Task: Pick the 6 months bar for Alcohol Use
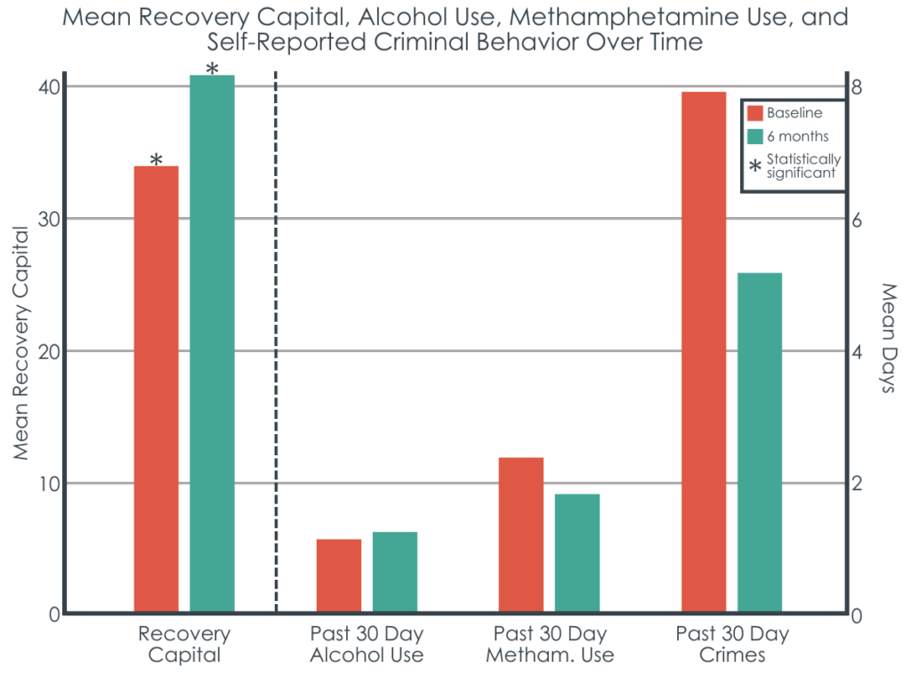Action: click(x=395, y=573)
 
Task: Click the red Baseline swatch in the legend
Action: click(x=755, y=113)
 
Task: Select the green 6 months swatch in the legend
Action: click(x=755, y=136)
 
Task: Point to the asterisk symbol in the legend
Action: click(x=755, y=166)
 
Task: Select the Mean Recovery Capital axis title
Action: click(x=21, y=342)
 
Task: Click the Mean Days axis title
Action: click(x=887, y=339)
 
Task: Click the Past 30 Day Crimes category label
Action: click(x=732, y=645)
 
